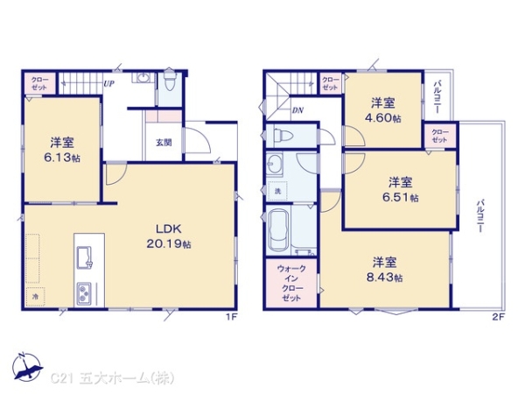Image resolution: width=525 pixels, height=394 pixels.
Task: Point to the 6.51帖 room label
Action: point(402,190)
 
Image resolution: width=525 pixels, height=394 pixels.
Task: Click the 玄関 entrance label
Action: point(164,142)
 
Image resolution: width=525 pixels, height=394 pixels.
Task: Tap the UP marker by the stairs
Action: point(108,84)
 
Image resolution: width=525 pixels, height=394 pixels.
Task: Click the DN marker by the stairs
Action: point(297,110)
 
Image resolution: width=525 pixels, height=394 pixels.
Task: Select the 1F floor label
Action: point(232,316)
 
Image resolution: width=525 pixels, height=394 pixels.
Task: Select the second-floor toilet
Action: point(282,136)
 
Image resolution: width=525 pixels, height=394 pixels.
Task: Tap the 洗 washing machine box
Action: point(277,191)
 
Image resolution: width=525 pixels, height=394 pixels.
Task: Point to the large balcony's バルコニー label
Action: point(479,215)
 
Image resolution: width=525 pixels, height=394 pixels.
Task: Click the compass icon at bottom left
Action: point(25,367)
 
